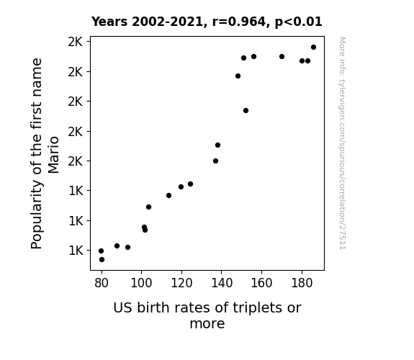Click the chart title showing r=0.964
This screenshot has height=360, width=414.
[x=207, y=22]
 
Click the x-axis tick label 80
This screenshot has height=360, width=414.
[x=102, y=283]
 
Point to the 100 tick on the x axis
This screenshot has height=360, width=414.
[x=142, y=283]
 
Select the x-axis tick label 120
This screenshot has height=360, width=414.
[x=181, y=283]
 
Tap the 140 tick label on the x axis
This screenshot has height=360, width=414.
[x=222, y=283]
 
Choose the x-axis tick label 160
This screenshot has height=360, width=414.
[x=261, y=283]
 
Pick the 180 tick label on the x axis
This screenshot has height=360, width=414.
[x=302, y=283]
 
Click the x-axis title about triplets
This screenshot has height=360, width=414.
[x=207, y=315]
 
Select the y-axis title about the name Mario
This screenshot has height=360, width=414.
[x=45, y=153]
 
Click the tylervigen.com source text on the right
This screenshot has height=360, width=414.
[x=342, y=143]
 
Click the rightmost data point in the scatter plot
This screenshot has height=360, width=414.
[x=313, y=48]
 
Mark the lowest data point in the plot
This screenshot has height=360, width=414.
[x=102, y=260]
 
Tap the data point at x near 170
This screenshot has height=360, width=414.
[x=282, y=57]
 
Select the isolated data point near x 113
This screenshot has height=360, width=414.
[x=168, y=195]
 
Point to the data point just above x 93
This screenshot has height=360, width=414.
[x=127, y=248]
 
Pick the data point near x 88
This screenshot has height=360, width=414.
[x=117, y=246]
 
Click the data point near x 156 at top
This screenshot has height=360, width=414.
[x=253, y=57]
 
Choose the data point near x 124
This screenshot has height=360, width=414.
[x=190, y=184]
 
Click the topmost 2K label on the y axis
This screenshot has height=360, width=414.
[x=76, y=42]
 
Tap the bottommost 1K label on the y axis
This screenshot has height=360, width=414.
[x=76, y=250]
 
